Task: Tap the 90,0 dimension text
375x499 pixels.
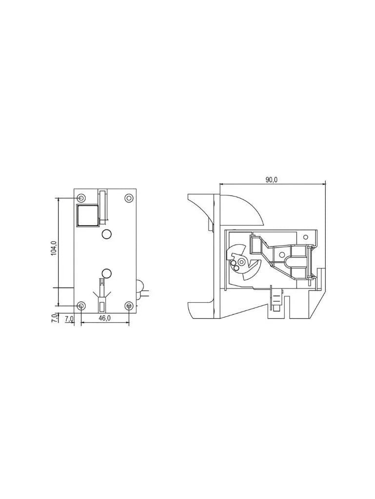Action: pos(272,180)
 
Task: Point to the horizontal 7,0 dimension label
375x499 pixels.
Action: pos(69,318)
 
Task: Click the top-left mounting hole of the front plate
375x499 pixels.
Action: pos(81,198)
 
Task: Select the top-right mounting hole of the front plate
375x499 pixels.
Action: pos(129,198)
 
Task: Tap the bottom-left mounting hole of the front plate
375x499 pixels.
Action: pos(81,306)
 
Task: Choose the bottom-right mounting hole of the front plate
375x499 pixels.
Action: pos(129,306)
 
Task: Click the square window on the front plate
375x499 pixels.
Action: pos(87,215)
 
